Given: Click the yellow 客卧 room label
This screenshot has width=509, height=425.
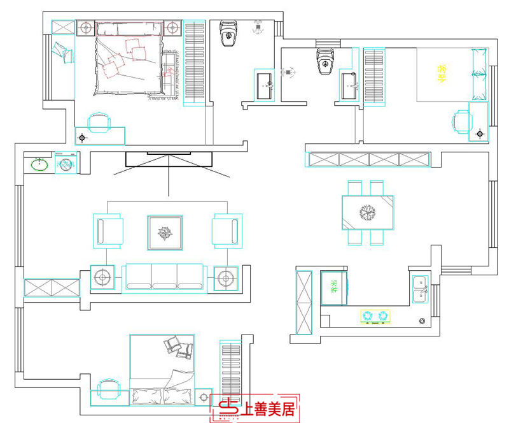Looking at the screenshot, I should point(439,74).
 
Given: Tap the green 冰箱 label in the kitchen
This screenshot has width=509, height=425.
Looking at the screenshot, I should point(333,287).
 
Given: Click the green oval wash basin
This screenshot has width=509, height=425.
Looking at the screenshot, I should point(39,165).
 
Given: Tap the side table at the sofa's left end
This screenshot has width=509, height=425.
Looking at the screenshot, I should point(102,277).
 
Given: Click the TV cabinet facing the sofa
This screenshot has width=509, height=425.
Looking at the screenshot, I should point(168,159).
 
